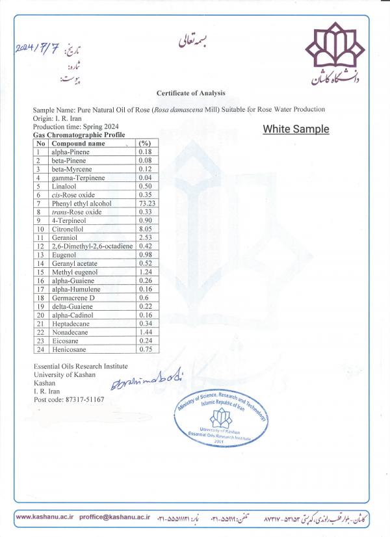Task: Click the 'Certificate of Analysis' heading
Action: click(x=190, y=93)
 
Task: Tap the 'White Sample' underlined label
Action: click(x=296, y=129)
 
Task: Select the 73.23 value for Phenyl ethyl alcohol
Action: click(x=147, y=203)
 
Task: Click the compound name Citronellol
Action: click(x=68, y=229)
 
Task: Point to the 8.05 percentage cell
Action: click(x=145, y=229)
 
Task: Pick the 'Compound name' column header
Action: click(x=78, y=143)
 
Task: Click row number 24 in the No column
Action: click(x=40, y=348)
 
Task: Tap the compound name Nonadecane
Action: click(x=70, y=332)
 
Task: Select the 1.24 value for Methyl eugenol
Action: click(x=145, y=272)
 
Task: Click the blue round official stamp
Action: click(x=221, y=416)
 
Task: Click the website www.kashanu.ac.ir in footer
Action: click(x=44, y=517)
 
